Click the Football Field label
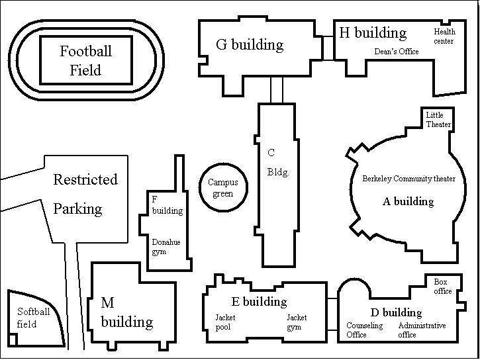click(85, 60)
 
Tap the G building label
click(250, 45)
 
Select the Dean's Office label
click(397, 52)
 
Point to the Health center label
click(444, 36)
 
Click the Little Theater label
click(438, 120)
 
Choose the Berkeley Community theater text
click(408, 179)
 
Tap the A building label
click(408, 201)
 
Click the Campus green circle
click(223, 188)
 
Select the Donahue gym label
click(166, 247)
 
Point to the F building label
click(167, 204)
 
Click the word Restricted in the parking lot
click(85, 180)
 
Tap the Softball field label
click(33, 318)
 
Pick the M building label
click(126, 313)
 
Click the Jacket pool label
click(225, 322)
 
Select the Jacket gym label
click(297, 322)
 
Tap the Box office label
click(443, 287)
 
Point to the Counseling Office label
click(364, 330)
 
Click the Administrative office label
click(422, 330)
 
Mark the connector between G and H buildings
click(327, 48)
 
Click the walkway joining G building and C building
click(277, 89)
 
